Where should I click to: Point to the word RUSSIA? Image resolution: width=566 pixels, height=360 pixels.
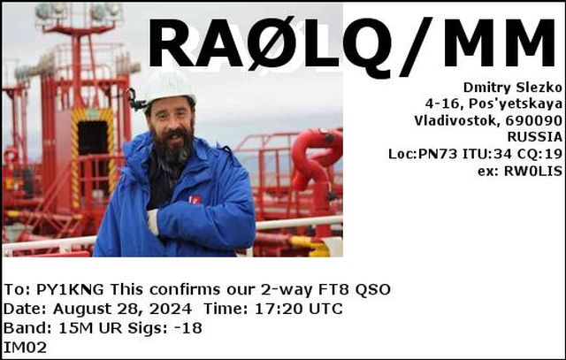point(535,137)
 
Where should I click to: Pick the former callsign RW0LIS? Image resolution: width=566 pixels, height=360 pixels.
point(533,171)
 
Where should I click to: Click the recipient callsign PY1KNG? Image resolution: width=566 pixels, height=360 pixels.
point(71,289)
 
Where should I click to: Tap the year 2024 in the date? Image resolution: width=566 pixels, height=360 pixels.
point(171,309)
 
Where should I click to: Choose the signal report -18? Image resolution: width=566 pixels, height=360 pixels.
point(188,328)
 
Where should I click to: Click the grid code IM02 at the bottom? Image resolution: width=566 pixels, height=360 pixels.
point(25,348)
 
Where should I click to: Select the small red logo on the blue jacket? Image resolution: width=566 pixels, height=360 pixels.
point(195,200)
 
